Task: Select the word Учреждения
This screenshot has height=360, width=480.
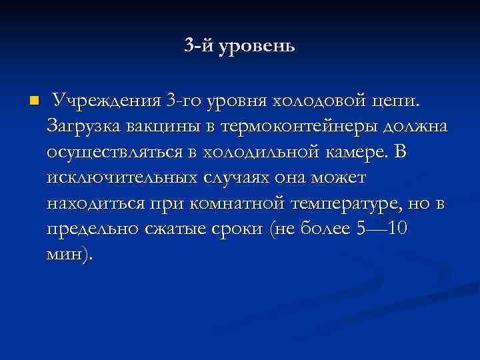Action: click(106, 101)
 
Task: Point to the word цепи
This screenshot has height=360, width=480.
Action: click(398, 102)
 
